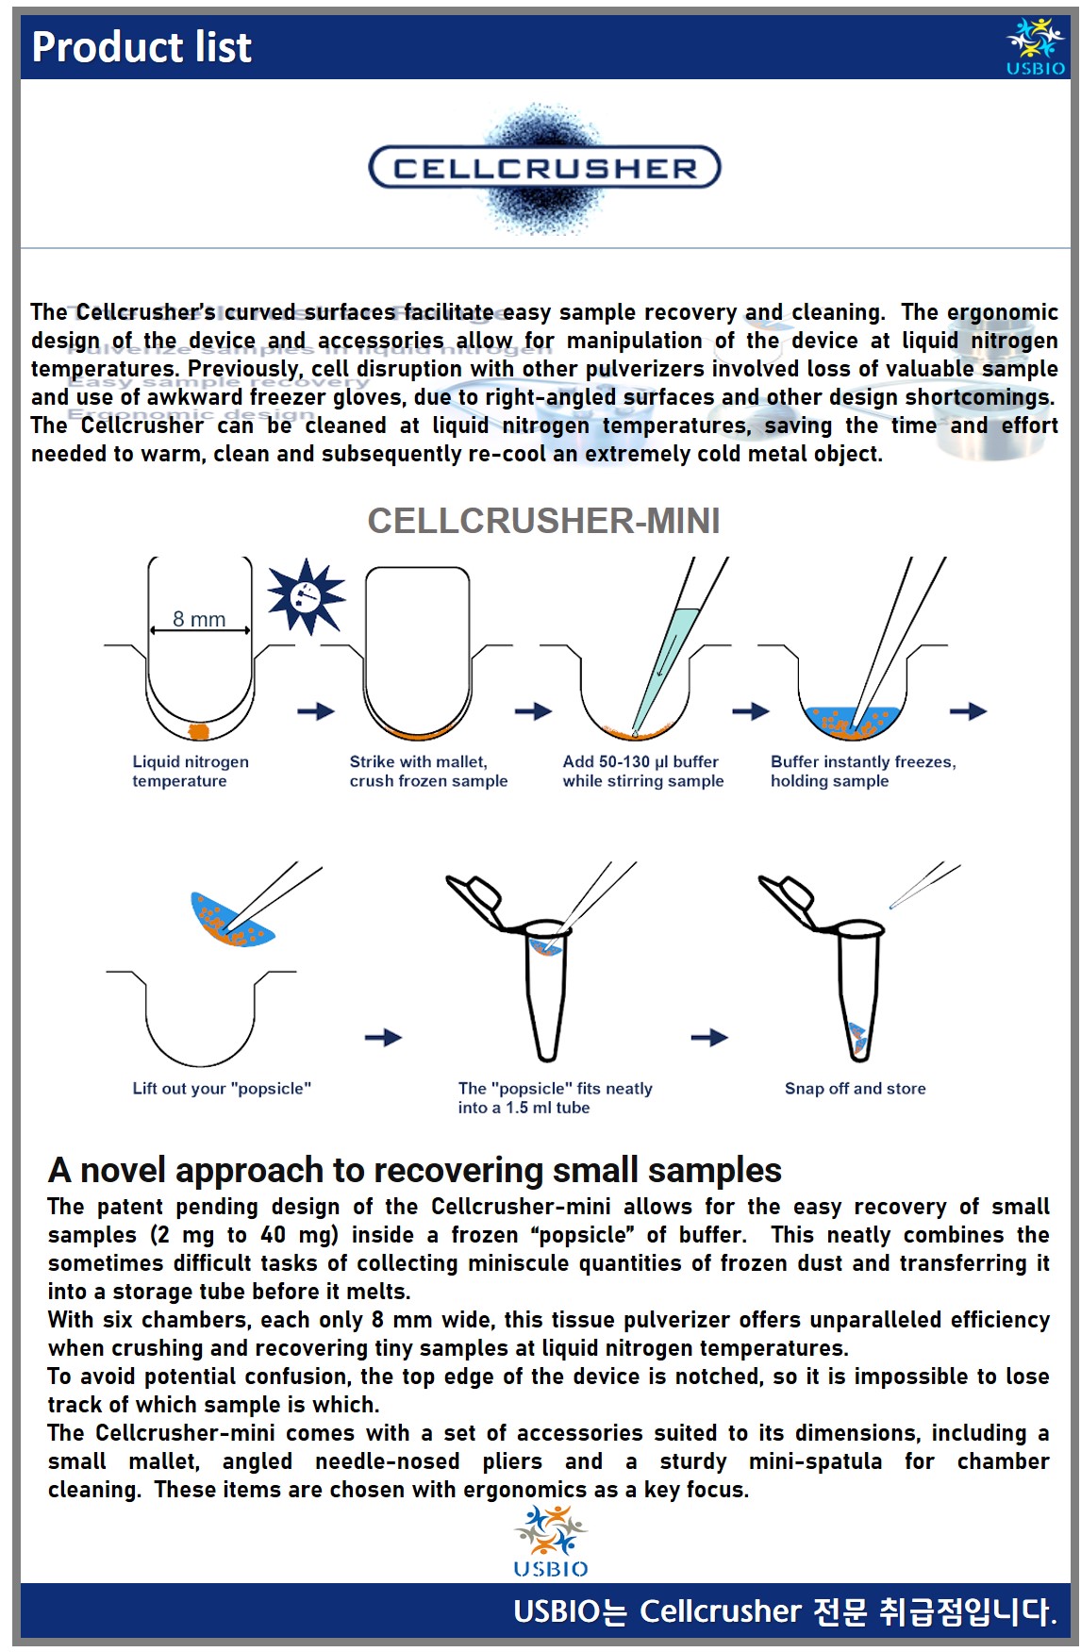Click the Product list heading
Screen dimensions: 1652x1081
(x=141, y=47)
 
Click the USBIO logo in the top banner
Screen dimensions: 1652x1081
(x=1035, y=46)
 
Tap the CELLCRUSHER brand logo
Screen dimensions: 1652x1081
(x=544, y=168)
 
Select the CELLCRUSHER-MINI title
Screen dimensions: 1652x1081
(x=543, y=521)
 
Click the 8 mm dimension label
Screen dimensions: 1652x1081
(x=199, y=619)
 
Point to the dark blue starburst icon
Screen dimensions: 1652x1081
(x=306, y=596)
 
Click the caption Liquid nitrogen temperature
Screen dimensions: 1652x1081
(x=191, y=771)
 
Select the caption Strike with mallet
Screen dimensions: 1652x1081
(x=428, y=771)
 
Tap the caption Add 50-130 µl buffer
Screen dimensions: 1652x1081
(x=643, y=771)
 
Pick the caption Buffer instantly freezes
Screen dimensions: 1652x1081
(x=863, y=771)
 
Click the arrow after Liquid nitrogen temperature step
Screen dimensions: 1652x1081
(x=316, y=710)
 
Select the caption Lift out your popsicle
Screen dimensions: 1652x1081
(x=222, y=1088)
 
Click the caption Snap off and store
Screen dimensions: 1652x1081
(x=855, y=1088)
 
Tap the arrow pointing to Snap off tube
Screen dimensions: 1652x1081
(x=708, y=1038)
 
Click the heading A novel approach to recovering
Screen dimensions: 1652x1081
(x=414, y=1170)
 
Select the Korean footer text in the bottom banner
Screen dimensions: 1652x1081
(x=784, y=1610)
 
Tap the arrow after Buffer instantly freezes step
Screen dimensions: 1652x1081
(x=968, y=710)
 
